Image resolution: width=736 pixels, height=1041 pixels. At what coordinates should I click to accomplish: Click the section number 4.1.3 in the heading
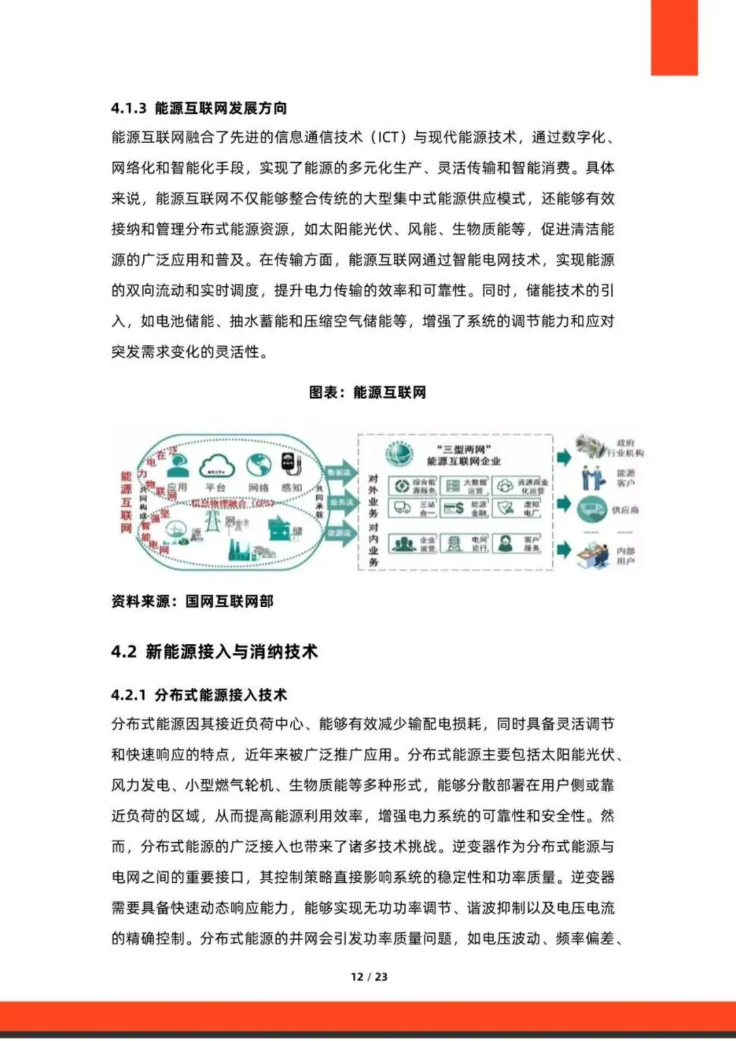click(x=129, y=108)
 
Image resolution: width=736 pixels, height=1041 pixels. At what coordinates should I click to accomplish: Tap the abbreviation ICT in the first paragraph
click(x=388, y=137)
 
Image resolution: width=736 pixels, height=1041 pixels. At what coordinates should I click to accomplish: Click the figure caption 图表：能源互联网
click(x=367, y=392)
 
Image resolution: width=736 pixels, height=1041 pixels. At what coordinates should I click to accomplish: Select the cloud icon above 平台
click(x=217, y=466)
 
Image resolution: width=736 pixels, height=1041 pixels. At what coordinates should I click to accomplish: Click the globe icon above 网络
click(x=258, y=465)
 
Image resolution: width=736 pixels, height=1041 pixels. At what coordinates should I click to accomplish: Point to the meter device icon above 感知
click(x=291, y=465)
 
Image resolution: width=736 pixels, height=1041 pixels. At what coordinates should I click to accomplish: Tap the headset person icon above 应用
click(x=179, y=466)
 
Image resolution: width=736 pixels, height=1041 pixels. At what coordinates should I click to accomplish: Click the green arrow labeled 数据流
click(x=339, y=472)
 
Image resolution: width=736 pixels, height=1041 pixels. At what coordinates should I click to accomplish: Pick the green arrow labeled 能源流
click(x=339, y=533)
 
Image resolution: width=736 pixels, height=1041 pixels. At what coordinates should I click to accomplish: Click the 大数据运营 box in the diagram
click(x=465, y=486)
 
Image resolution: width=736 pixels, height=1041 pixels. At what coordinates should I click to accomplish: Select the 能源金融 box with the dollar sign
click(x=465, y=508)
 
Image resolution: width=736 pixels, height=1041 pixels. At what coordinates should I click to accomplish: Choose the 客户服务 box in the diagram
click(x=517, y=544)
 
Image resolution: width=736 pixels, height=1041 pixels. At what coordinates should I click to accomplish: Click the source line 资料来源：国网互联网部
click(x=192, y=601)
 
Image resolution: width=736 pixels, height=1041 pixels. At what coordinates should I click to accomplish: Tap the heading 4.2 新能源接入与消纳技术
click(x=215, y=651)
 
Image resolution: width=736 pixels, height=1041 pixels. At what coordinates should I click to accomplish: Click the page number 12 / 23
click(x=369, y=976)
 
